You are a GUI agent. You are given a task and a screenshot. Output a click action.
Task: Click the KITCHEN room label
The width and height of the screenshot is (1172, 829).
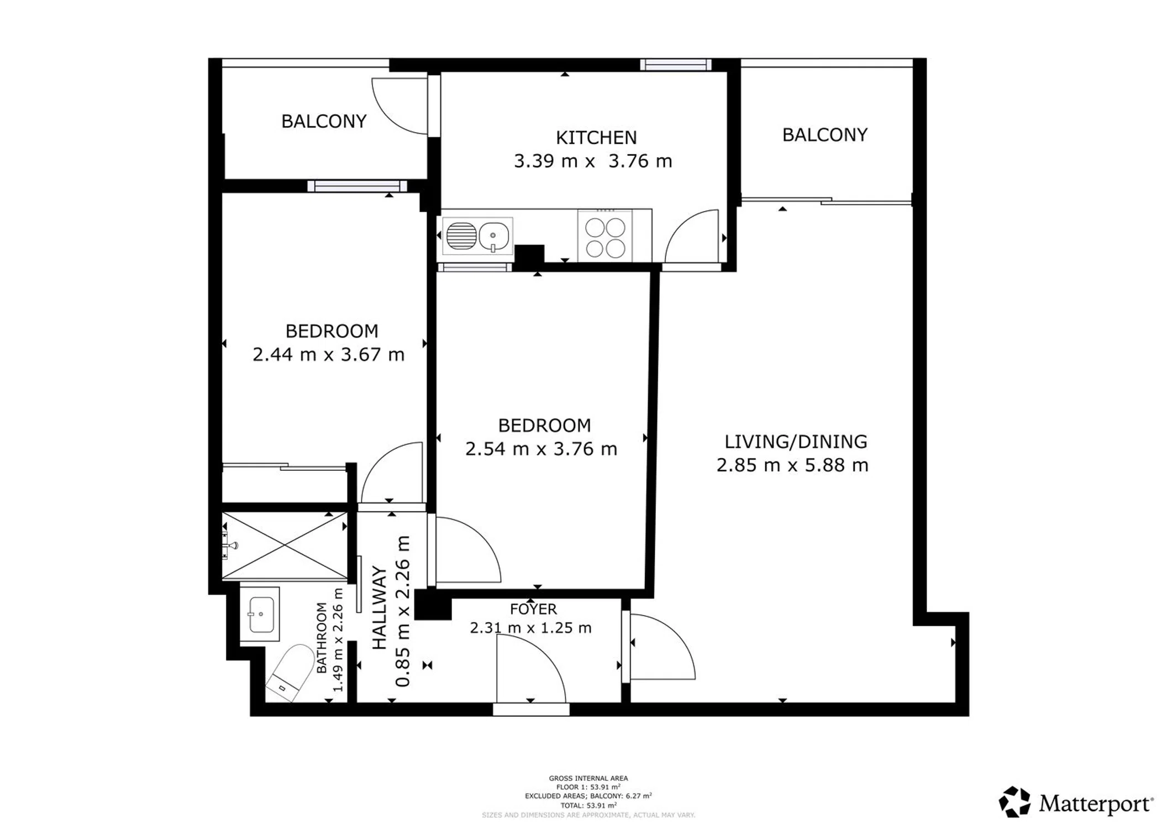click(x=596, y=137)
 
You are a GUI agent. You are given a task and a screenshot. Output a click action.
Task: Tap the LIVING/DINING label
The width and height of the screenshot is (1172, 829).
click(x=796, y=442)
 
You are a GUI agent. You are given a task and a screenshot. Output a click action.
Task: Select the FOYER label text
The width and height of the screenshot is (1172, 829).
click(x=533, y=609)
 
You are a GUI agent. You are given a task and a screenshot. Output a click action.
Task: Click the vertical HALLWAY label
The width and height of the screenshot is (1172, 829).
click(x=379, y=608)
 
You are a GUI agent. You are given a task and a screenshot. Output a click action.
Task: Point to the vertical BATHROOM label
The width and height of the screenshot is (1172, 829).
click(x=322, y=638)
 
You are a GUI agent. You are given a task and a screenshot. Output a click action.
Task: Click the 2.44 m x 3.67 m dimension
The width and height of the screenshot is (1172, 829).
click(x=329, y=354)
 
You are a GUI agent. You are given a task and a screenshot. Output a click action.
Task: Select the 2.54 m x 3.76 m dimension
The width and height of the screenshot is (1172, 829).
click(x=541, y=449)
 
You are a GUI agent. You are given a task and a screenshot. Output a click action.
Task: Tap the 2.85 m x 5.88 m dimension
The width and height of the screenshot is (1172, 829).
click(x=792, y=465)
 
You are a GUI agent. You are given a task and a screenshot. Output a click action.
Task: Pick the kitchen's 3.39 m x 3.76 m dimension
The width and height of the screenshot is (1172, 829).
click(x=593, y=161)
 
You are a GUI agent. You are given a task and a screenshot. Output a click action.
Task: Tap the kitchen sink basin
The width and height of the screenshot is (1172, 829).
click(x=493, y=236)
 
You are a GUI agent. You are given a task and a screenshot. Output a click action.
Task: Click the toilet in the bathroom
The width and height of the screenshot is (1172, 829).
click(x=289, y=673)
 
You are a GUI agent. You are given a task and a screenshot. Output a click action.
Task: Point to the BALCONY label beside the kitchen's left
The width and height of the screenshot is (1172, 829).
click(x=324, y=121)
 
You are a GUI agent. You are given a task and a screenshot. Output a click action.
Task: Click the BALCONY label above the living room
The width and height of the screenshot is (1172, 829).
click(x=824, y=135)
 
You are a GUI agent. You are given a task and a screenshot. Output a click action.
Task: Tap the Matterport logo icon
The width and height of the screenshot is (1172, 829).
click(x=1015, y=802)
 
